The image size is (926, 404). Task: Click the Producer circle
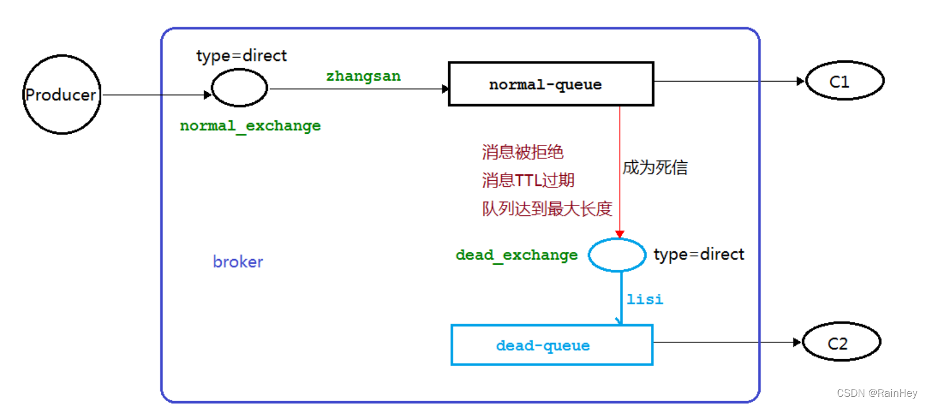[x=62, y=95]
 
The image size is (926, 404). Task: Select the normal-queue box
[x=551, y=84]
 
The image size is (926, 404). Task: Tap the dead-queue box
[x=552, y=345]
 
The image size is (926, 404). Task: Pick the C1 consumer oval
[x=844, y=81]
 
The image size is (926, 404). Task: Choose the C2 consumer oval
[x=841, y=342]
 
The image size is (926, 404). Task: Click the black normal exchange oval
[x=240, y=88]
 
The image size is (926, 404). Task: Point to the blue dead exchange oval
[x=617, y=255]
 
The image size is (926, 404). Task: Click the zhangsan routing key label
[x=364, y=76]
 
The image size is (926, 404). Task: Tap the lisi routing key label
[x=644, y=299]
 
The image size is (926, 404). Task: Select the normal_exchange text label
[x=250, y=126]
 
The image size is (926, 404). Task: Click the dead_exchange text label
[x=516, y=255]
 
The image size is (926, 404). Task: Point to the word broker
[x=238, y=262]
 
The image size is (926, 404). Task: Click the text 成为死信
[x=655, y=167]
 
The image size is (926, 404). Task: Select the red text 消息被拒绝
[x=522, y=152]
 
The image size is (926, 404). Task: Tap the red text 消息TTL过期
[x=528, y=180]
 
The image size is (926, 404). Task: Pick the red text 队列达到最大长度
[x=547, y=209]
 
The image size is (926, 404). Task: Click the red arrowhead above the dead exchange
[x=620, y=234]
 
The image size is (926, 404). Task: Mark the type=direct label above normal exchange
[x=241, y=56]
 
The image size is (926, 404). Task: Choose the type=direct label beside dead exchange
[x=699, y=255]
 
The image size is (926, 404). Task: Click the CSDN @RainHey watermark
[x=877, y=393]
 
